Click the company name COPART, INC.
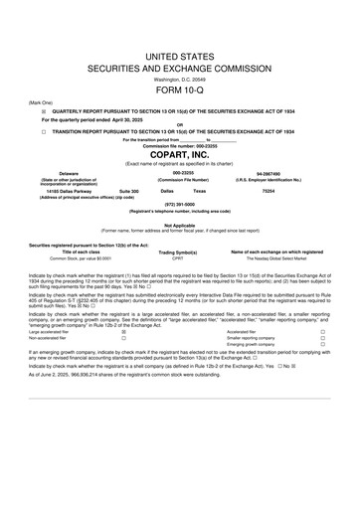179,155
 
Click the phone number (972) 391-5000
179,204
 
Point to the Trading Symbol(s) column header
179,252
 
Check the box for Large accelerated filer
123,331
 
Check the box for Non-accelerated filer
123,338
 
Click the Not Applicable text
179,225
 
